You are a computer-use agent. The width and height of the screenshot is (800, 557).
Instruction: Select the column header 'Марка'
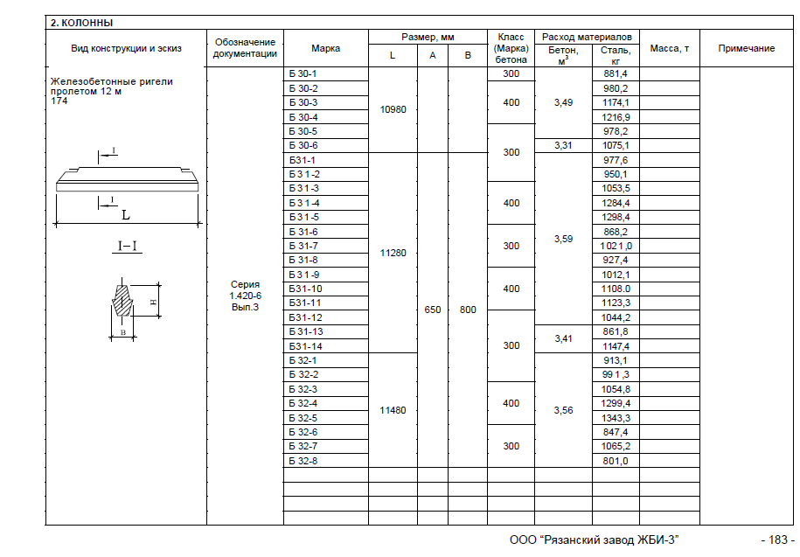click(x=325, y=49)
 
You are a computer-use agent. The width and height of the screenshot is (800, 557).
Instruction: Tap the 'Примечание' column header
click(x=746, y=49)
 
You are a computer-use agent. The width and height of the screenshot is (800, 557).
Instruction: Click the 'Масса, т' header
click(x=670, y=49)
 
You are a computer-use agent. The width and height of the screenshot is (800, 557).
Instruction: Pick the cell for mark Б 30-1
click(x=303, y=74)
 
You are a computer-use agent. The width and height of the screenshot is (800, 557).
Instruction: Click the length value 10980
click(x=393, y=110)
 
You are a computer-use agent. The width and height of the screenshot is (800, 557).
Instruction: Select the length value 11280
click(x=393, y=253)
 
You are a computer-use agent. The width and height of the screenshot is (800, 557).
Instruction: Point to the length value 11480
click(x=393, y=410)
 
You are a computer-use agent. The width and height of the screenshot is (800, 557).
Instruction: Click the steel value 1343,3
click(x=616, y=418)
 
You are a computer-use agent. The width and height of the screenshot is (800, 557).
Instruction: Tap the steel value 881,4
click(x=616, y=74)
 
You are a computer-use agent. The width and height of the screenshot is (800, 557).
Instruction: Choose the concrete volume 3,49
click(x=563, y=103)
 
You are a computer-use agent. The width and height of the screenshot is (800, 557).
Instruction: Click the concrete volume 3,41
click(x=563, y=338)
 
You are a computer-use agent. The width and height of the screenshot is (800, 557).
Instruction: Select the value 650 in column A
click(x=432, y=310)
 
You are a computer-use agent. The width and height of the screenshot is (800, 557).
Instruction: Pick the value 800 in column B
click(x=468, y=310)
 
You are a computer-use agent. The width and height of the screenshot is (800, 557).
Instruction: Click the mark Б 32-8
click(x=303, y=461)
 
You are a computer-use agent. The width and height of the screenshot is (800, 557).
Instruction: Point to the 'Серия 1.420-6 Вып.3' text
click(x=245, y=296)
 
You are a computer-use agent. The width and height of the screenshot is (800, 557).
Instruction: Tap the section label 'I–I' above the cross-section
click(x=129, y=247)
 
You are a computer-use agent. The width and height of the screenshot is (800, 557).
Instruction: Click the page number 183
click(x=776, y=540)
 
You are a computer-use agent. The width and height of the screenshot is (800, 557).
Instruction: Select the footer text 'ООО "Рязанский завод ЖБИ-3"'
click(x=594, y=540)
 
